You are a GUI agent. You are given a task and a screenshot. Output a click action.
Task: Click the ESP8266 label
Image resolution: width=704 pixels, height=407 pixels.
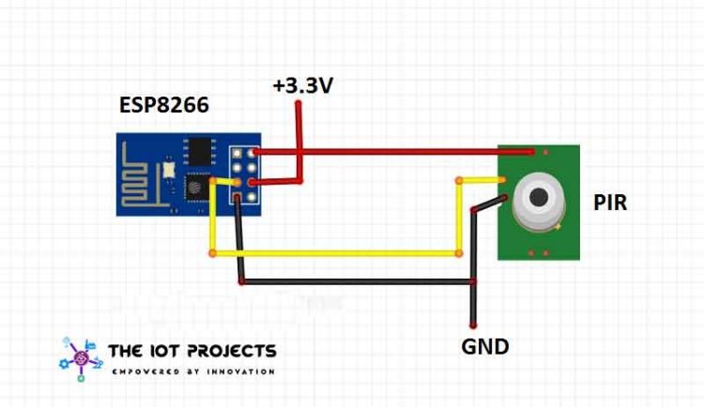[163, 104]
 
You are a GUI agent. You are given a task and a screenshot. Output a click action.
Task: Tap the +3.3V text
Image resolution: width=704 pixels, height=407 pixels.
[302, 86]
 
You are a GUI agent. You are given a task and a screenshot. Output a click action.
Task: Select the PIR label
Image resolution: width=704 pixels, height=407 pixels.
[610, 202]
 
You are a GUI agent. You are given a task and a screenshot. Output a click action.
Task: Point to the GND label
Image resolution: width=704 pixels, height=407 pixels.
[484, 346]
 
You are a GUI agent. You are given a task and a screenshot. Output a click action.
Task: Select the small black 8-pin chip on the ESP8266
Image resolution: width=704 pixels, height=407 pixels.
[200, 151]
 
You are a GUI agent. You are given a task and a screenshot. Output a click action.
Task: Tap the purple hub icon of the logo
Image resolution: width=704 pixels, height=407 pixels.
[81, 358]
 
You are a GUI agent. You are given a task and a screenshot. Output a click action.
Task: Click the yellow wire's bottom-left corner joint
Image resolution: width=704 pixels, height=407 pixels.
[212, 253]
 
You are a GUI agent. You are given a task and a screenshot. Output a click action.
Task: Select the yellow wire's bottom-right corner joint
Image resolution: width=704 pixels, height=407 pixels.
[459, 253]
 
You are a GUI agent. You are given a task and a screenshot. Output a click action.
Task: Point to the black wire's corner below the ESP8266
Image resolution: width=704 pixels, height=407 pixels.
[242, 280]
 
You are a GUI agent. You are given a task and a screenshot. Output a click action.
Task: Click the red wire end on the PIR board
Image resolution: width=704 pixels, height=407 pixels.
[531, 151]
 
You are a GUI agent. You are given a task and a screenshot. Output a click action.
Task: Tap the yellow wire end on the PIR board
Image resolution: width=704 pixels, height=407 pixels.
[501, 180]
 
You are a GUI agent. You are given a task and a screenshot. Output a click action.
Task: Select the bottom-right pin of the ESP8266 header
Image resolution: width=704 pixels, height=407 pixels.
[253, 196]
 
